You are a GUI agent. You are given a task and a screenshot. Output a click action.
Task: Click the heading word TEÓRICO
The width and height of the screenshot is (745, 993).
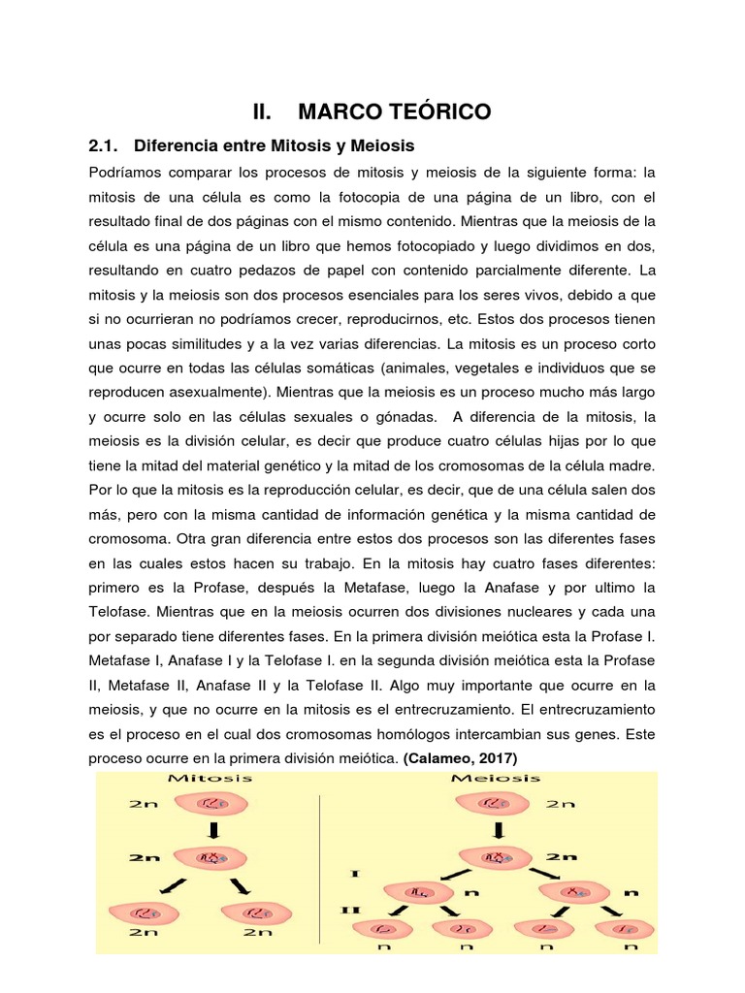pos(434,112)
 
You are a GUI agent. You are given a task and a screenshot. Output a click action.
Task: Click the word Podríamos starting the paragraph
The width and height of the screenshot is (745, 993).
pos(126,174)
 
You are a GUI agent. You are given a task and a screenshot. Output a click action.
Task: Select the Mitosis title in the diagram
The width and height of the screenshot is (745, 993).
pos(211,778)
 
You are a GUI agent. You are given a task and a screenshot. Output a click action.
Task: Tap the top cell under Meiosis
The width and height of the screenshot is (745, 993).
pos(497,804)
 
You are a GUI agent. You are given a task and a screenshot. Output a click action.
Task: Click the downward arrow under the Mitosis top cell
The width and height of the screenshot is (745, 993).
pos(211,832)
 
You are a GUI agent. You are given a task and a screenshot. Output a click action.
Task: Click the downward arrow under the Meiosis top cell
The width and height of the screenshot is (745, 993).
pos(497,832)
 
